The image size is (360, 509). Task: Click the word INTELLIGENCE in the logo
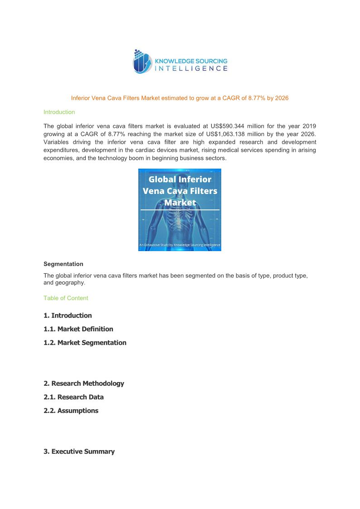(x=191, y=68)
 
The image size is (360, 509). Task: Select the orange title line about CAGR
(x=180, y=98)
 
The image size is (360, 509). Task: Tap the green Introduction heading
(x=59, y=112)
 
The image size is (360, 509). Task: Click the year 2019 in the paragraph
(x=309, y=126)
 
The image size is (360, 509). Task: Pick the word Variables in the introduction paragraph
(x=57, y=142)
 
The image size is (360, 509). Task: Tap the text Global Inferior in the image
(x=180, y=179)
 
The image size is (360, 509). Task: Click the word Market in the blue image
(x=180, y=203)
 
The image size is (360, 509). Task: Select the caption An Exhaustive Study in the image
(x=180, y=245)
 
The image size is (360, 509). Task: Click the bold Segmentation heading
(x=63, y=264)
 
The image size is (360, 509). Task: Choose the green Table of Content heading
(x=66, y=298)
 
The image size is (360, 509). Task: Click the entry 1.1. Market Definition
(x=78, y=329)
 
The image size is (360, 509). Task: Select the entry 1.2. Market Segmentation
(x=85, y=343)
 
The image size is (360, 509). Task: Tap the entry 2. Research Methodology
(x=84, y=383)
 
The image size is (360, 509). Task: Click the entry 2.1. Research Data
(x=73, y=397)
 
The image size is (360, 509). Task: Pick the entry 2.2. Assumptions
(x=71, y=411)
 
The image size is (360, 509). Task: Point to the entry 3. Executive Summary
(x=79, y=451)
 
